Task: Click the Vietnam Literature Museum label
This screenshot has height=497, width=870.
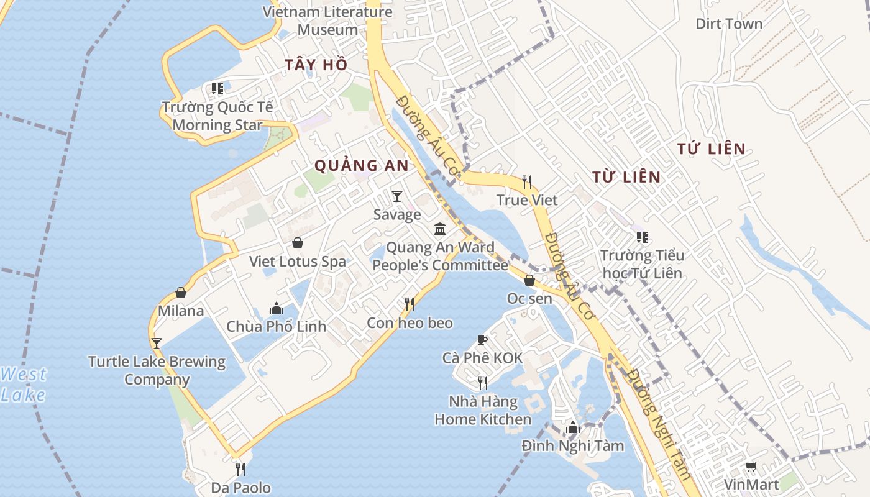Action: point(327,21)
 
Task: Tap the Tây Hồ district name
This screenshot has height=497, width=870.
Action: point(316,65)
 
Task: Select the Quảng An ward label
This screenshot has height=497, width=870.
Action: point(362,165)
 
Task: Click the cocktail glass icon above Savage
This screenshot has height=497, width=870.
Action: point(397,196)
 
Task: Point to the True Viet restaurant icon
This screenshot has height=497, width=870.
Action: point(527,181)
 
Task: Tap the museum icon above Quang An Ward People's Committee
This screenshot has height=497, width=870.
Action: point(440,229)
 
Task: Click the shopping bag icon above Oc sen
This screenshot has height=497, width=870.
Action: point(529,280)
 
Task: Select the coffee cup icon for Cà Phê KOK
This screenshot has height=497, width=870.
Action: point(482,340)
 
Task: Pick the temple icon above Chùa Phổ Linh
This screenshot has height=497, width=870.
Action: point(277,308)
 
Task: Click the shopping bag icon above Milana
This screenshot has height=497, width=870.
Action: point(181,293)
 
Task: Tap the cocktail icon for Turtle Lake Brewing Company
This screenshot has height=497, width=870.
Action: point(157,343)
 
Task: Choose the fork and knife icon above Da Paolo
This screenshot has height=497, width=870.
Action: point(240,469)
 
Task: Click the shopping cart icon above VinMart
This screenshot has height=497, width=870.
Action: point(751,467)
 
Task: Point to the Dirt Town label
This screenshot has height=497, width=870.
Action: point(729,24)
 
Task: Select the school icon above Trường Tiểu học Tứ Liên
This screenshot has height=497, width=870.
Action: point(643,237)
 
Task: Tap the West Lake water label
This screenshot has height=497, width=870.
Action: point(23,385)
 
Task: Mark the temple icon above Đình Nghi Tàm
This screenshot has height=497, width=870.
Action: point(573,427)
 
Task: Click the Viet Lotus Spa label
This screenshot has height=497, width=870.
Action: point(298,262)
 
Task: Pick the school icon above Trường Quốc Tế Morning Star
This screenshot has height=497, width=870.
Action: point(217,89)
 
